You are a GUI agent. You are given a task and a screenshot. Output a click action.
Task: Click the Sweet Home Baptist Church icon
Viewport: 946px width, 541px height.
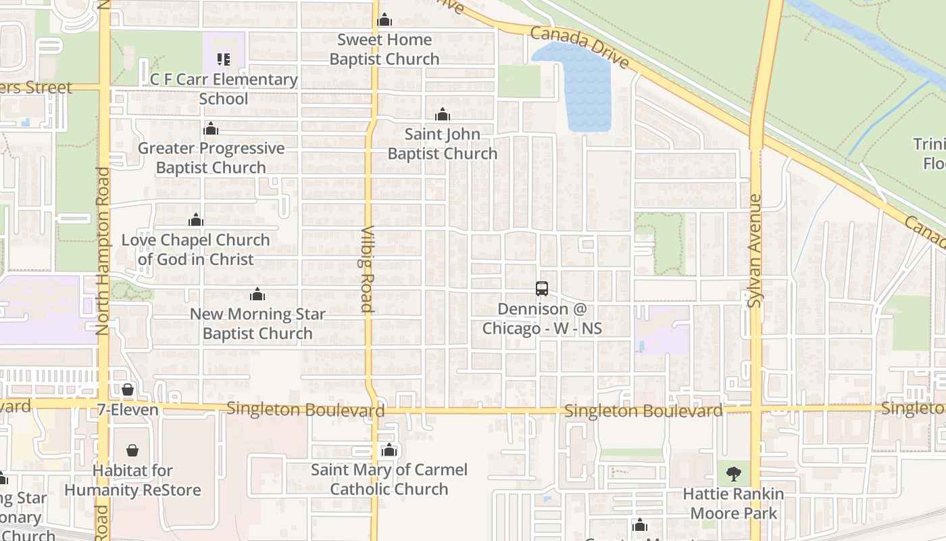tap(384, 20)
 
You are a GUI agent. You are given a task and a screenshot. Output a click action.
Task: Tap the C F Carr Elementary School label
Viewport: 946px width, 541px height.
tap(224, 89)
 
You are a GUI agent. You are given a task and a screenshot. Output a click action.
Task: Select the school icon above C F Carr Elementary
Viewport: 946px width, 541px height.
tap(224, 60)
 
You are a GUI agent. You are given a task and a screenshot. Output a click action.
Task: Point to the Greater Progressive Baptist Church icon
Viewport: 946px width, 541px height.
tap(211, 128)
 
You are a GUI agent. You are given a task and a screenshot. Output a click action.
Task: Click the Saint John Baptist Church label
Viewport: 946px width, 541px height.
tap(443, 144)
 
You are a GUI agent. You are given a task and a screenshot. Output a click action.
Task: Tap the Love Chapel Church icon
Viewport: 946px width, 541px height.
tap(196, 220)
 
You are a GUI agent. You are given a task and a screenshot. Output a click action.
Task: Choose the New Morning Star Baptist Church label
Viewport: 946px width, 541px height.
tap(257, 324)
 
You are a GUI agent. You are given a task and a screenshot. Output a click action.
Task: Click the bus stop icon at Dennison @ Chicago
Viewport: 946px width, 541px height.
tap(542, 289)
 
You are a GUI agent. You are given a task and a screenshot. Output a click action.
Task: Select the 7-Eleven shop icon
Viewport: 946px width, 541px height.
tap(128, 390)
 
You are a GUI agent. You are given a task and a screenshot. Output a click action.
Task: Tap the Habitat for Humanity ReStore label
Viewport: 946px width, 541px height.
tap(133, 480)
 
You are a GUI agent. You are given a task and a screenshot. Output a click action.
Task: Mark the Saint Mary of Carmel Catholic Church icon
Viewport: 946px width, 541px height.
tap(389, 450)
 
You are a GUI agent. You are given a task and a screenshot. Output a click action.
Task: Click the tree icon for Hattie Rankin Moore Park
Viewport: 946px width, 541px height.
tap(733, 473)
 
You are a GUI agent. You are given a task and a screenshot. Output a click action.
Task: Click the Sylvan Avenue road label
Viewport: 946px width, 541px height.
tap(755, 251)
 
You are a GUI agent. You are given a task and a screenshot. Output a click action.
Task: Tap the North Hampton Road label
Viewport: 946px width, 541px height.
tap(103, 251)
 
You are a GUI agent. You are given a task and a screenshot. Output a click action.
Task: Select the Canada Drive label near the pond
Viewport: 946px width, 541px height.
tap(580, 47)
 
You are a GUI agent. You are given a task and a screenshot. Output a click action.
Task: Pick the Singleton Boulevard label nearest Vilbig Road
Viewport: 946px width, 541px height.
tap(305, 410)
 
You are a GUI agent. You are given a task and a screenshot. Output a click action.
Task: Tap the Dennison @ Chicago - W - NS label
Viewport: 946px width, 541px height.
tap(542, 319)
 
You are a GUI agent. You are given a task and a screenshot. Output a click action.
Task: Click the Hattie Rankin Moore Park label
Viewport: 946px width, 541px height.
tap(733, 504)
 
